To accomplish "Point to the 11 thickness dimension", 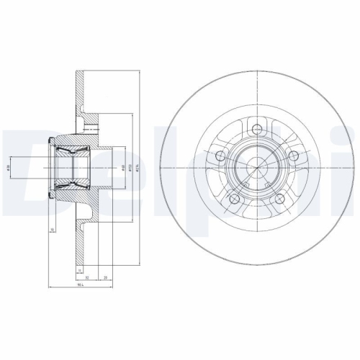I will [x=78, y=269].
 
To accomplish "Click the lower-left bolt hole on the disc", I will [x=233, y=199].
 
